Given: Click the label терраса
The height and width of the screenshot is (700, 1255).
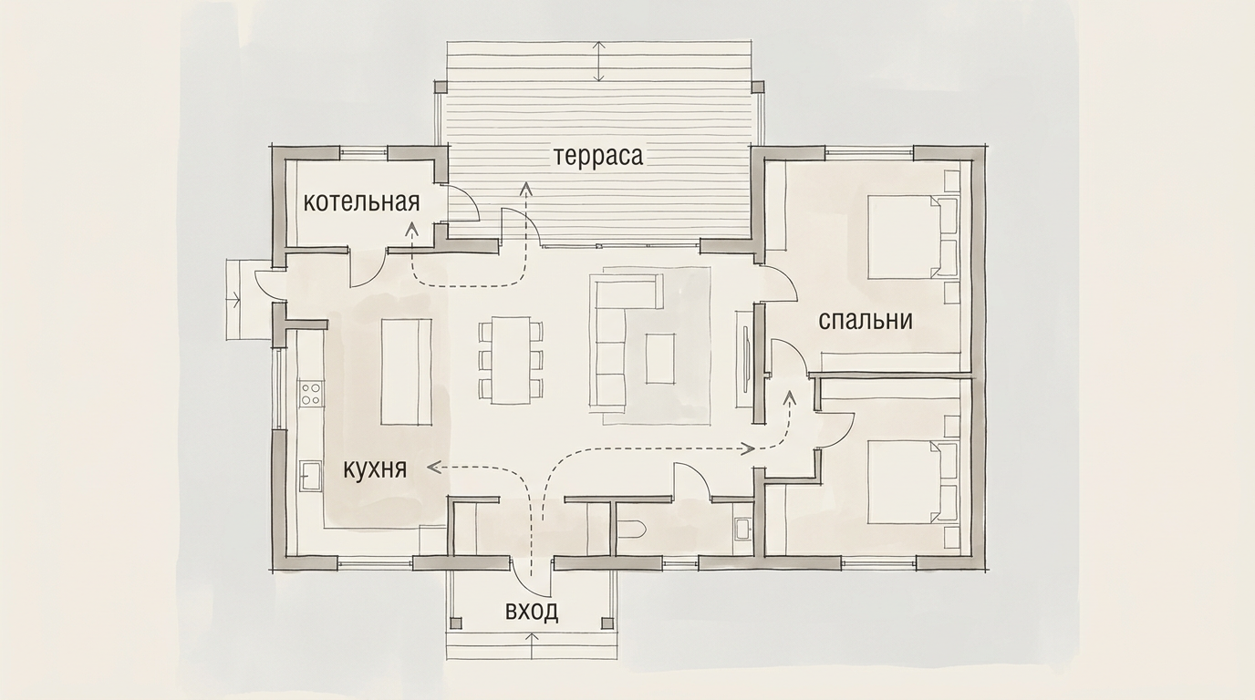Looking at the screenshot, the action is coord(598,157).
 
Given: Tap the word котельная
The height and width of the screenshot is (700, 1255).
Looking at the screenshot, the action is coord(361,202).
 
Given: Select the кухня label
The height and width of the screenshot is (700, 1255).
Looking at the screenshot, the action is coord(375,469).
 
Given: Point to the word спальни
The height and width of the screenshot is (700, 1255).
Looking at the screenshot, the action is coord(866,320).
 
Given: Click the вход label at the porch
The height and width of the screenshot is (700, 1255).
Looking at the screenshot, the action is coord(532,612).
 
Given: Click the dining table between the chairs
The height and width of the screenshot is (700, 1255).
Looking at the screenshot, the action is coord(511,360).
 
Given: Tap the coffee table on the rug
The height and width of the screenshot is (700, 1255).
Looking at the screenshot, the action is coord(660,358).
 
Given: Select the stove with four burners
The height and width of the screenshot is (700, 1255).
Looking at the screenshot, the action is coord(311,393).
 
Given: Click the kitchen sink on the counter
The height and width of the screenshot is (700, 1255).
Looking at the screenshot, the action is coord(310,476).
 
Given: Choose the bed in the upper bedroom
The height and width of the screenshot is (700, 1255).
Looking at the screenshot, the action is coord(912,236).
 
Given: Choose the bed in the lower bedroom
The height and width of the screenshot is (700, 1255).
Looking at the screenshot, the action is coord(912,482).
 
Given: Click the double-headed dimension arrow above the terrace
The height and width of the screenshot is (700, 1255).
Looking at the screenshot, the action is coord(599,62).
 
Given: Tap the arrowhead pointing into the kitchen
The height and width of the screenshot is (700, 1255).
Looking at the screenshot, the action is coord(433,467).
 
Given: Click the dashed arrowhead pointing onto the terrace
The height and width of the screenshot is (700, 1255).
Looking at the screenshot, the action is coord(525,189).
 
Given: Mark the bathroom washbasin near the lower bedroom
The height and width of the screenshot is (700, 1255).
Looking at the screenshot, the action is coord(744,528).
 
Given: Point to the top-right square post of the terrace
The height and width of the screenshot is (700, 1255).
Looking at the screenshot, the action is coord(758,87).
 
